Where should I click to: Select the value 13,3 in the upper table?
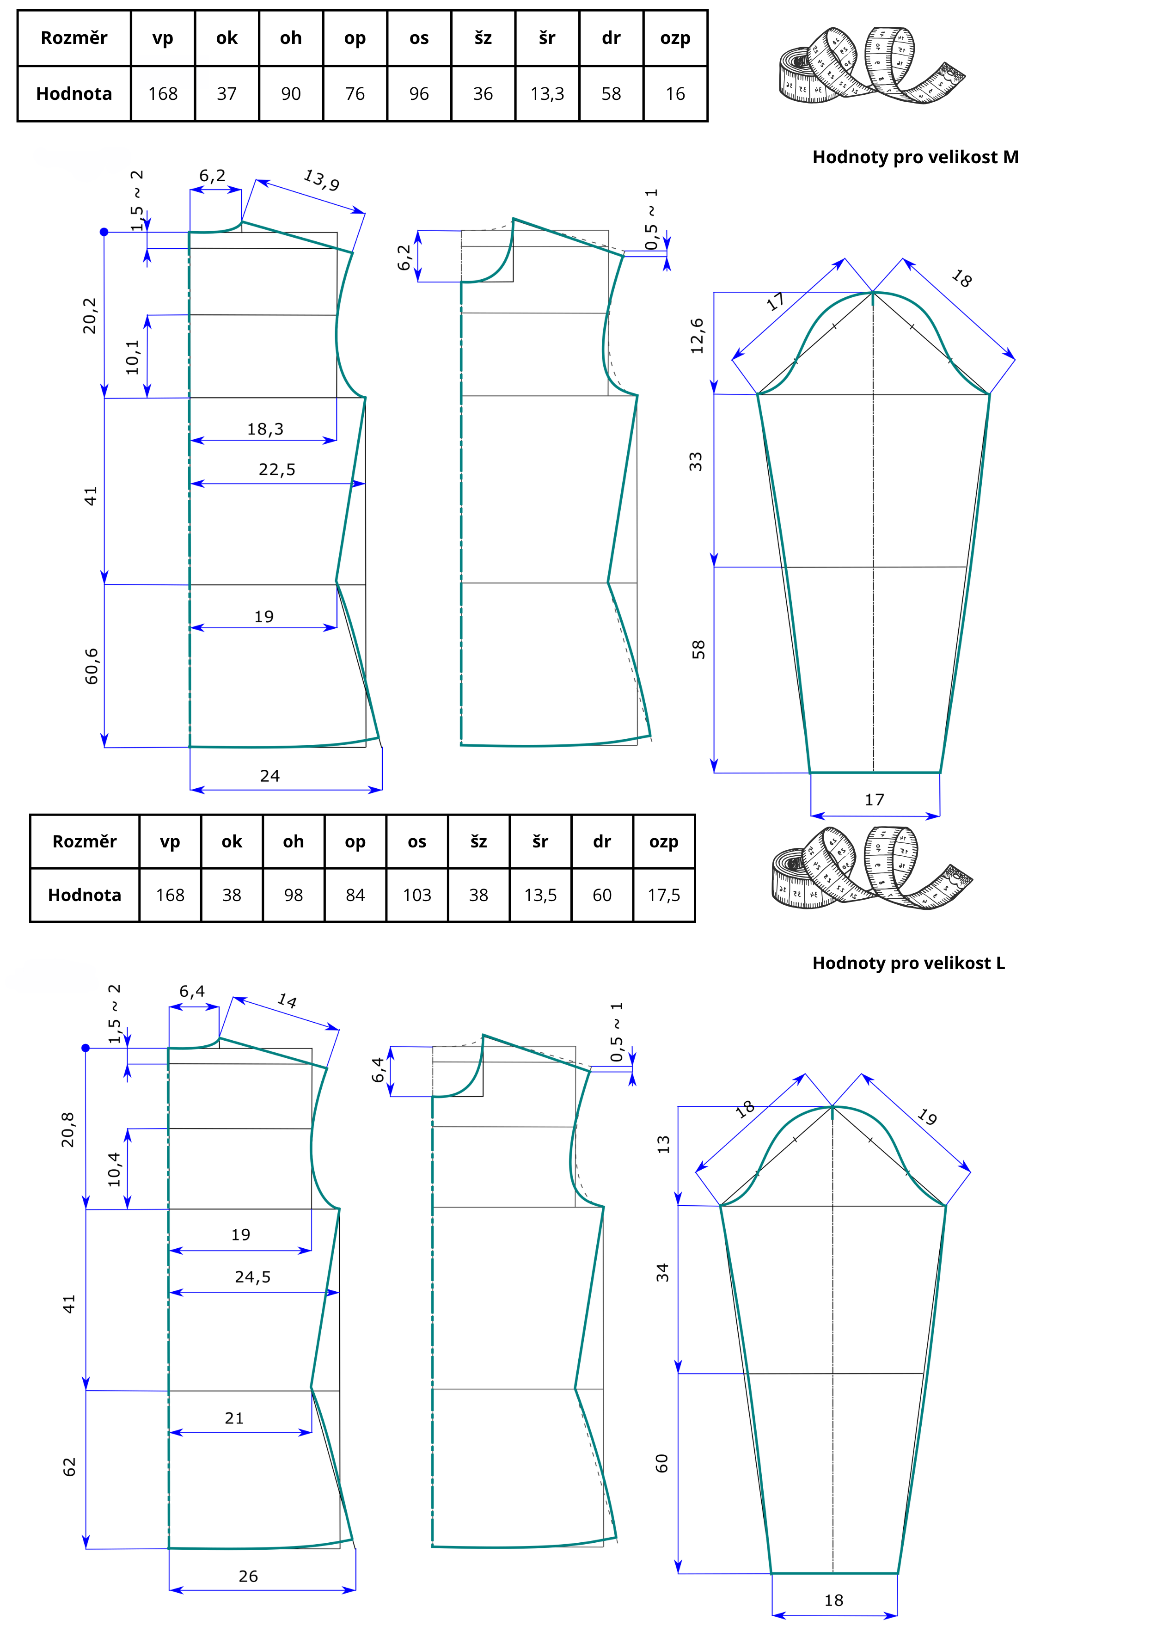(547, 94)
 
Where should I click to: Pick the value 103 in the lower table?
(417, 895)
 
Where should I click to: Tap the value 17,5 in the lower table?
(664, 895)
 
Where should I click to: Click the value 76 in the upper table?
(355, 94)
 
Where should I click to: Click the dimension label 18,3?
(265, 429)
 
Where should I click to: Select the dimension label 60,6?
(91, 666)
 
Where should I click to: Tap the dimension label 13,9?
(322, 180)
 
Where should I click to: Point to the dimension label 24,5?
(253, 1277)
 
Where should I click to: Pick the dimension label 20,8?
(68, 1129)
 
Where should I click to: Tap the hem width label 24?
(270, 776)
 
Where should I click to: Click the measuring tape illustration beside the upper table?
(871, 66)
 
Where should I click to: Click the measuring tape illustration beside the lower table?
(871, 869)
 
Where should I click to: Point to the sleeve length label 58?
(698, 650)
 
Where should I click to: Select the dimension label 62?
(69, 1467)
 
